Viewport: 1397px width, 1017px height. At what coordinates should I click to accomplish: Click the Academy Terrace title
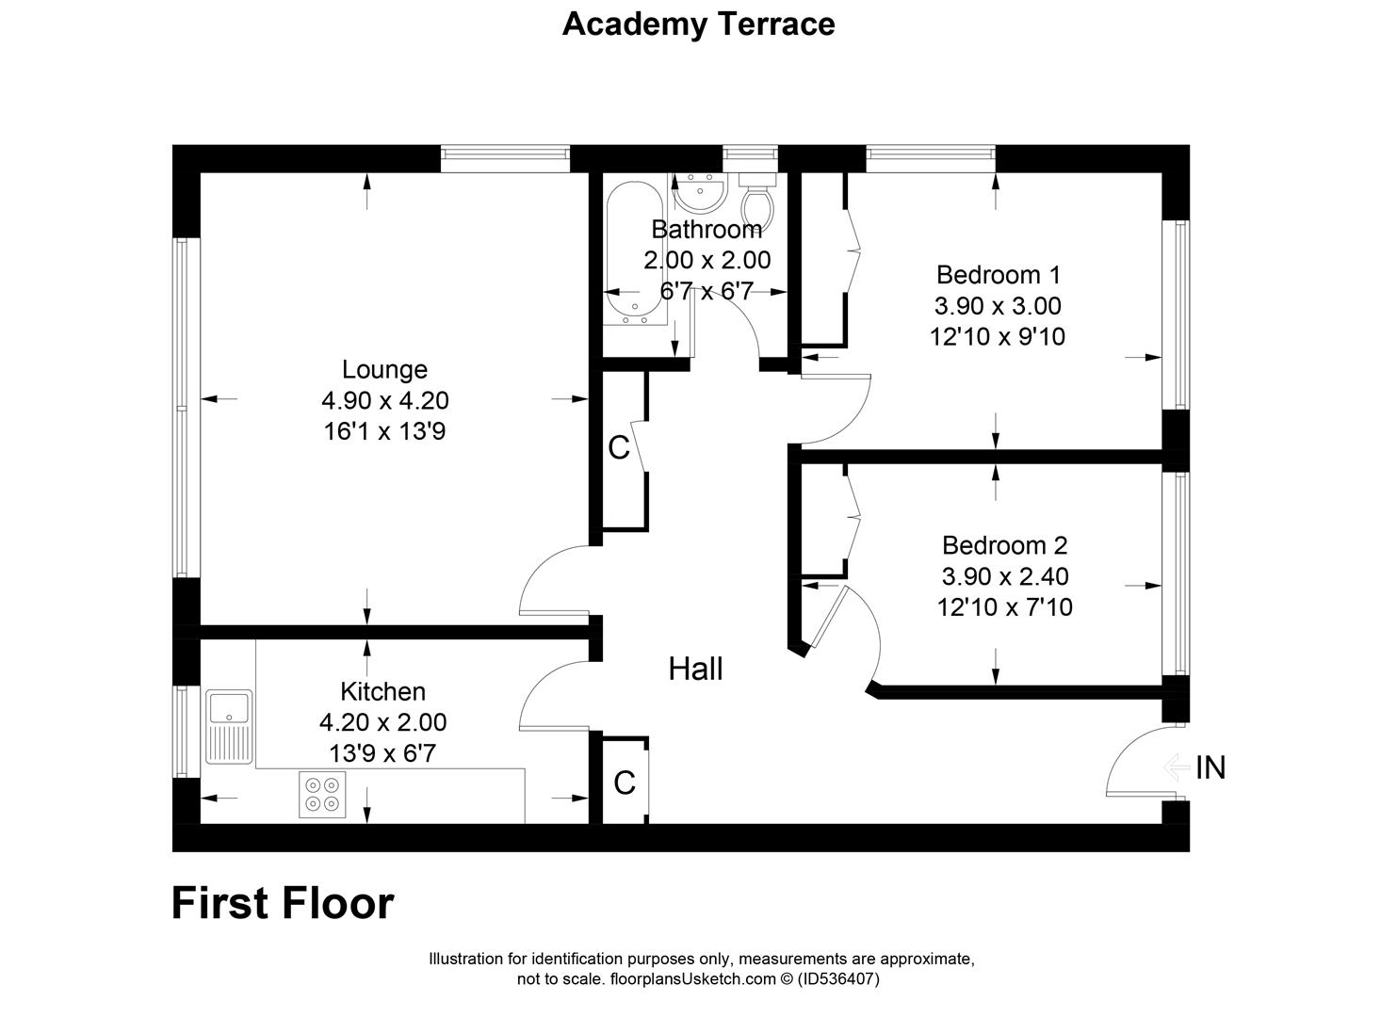click(x=698, y=24)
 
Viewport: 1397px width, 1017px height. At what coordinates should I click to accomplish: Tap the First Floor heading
click(x=283, y=903)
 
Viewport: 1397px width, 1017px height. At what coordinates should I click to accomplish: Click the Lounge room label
click(x=384, y=369)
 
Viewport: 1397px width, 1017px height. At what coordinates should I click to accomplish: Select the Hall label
click(x=695, y=669)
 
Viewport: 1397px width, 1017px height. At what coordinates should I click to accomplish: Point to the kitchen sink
click(x=230, y=726)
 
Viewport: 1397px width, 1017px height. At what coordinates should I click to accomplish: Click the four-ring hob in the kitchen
click(x=322, y=794)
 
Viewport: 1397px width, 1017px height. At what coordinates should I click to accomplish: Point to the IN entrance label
click(x=1210, y=768)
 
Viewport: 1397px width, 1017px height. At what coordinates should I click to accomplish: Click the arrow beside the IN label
click(x=1177, y=768)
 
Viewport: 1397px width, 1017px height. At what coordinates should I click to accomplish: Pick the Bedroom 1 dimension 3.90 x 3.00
click(x=998, y=306)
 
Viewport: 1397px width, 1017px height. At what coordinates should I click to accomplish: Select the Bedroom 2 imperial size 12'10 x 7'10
click(x=1004, y=607)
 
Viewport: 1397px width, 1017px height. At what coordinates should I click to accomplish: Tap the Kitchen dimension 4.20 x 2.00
click(x=382, y=722)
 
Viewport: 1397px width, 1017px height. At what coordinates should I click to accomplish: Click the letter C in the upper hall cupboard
click(x=619, y=448)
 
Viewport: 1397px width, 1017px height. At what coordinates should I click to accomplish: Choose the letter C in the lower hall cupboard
click(x=624, y=783)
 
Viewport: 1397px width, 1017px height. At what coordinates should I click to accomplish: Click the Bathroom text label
click(x=707, y=229)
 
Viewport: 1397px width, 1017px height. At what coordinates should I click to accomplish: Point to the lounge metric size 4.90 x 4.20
click(x=384, y=400)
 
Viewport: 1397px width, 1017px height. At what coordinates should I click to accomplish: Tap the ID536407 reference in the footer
click(x=838, y=979)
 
